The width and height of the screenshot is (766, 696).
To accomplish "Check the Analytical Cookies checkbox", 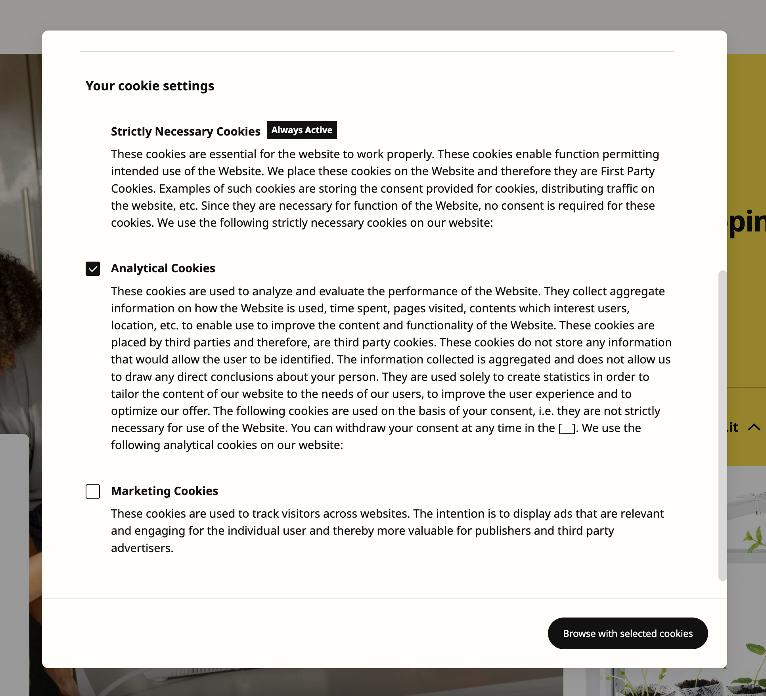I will (93, 269).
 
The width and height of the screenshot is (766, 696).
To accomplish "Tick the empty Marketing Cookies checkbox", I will (93, 491).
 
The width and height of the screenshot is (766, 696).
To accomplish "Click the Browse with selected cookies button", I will (628, 633).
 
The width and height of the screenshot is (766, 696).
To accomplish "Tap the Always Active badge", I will (302, 130).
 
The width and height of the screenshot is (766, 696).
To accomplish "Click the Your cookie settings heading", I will (150, 86).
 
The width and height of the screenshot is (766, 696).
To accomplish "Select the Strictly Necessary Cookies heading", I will (186, 132).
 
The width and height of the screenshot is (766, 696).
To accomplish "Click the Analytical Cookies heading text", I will (163, 268).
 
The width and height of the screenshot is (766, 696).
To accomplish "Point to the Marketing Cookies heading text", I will (165, 491).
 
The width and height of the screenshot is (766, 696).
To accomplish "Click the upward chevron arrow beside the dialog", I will (754, 427).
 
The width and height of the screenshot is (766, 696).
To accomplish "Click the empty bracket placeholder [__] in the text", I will (567, 428).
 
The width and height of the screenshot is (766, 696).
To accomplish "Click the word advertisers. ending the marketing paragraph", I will (142, 548).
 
